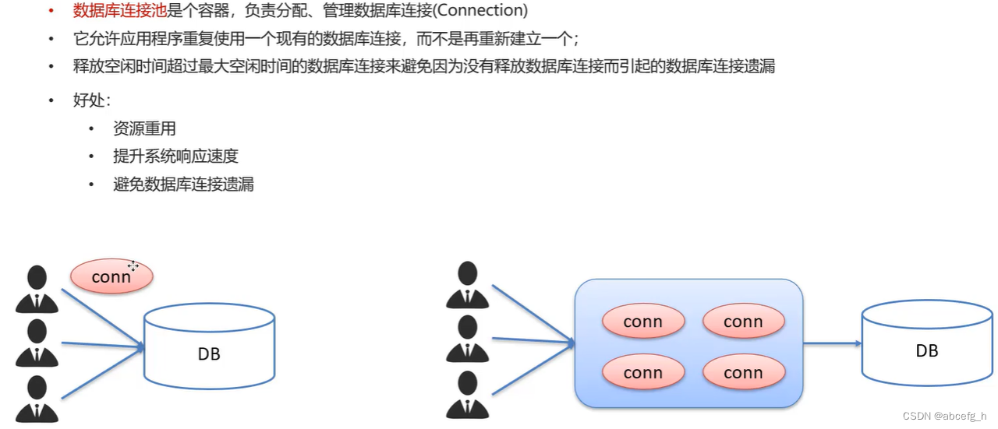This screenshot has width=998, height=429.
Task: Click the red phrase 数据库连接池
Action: click(x=120, y=11)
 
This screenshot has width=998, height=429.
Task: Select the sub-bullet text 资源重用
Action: click(x=144, y=128)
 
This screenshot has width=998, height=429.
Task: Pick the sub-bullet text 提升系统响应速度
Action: click(x=175, y=156)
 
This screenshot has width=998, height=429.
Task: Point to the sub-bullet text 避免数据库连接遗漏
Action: click(x=183, y=184)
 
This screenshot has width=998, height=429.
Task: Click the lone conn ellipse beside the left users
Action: click(x=111, y=276)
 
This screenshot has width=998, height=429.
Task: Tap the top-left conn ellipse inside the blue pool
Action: click(x=643, y=322)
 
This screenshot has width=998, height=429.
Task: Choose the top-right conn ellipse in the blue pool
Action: click(x=743, y=322)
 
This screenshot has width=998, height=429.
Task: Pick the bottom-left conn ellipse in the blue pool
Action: click(x=643, y=373)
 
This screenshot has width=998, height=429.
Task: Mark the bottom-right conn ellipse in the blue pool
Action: click(x=743, y=373)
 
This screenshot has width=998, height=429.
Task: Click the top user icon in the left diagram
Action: click(x=37, y=289)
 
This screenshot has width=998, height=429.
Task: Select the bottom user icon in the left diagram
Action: click(x=37, y=399)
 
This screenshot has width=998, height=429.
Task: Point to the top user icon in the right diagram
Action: click(x=467, y=284)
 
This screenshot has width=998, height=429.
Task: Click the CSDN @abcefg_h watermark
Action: click(x=944, y=416)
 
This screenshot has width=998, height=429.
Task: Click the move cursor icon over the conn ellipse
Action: click(x=133, y=266)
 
